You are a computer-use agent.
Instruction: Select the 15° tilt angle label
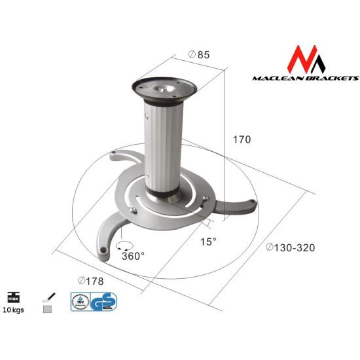pyautogui.click(x=209, y=242)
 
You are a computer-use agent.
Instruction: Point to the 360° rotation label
pyautogui.click(x=133, y=256)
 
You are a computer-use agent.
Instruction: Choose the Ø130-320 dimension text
pyautogui.click(x=291, y=247)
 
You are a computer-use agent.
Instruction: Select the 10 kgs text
pyautogui.click(x=13, y=310)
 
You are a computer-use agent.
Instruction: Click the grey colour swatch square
pyautogui.click(x=47, y=310)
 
